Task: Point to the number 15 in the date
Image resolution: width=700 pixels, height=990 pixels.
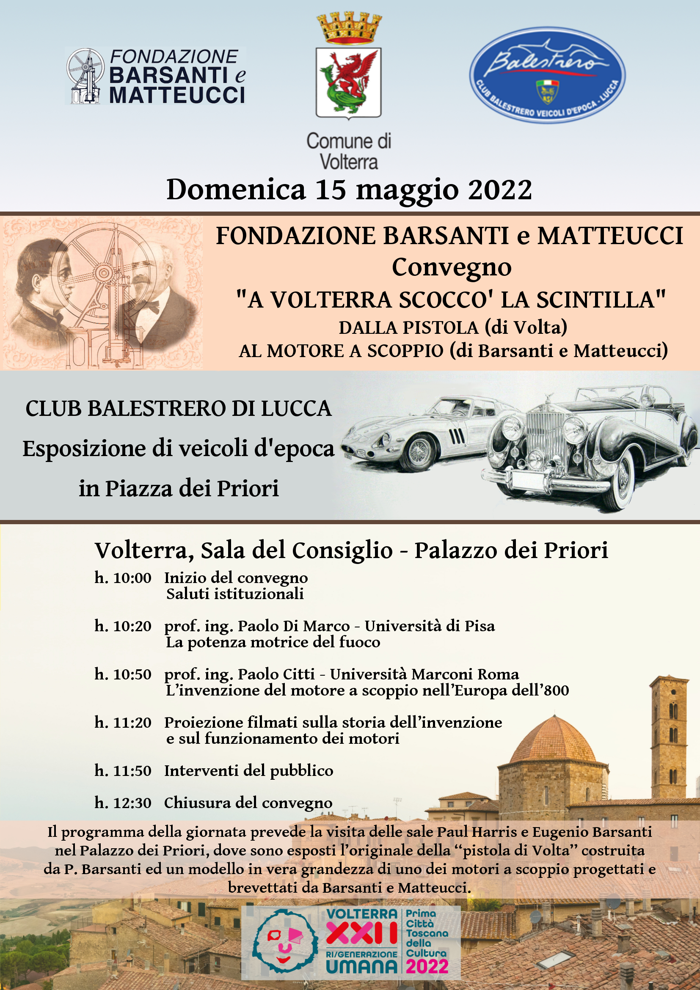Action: coord(331,190)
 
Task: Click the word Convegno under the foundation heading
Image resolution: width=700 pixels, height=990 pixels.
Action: coord(451,267)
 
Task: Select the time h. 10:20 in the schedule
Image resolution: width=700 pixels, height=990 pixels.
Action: coord(123,626)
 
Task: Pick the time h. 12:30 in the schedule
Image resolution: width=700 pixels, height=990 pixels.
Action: coord(123,803)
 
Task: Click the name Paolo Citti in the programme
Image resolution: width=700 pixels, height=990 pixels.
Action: coord(276,674)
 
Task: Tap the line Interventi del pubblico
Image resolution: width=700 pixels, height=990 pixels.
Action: coord(248,770)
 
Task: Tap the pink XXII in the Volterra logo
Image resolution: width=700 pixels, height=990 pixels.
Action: coord(361,933)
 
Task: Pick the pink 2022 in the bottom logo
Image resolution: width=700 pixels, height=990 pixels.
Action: coord(427,966)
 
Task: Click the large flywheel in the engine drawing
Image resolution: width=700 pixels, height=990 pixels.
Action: coord(104,272)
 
